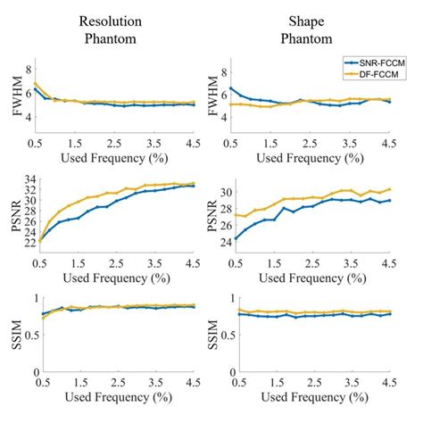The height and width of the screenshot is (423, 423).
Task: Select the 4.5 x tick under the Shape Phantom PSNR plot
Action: pyautogui.click(x=388, y=258)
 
